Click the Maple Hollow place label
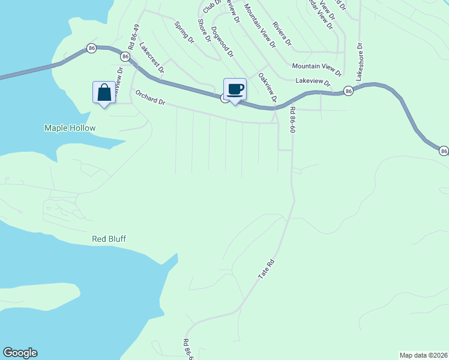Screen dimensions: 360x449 coord(70,128)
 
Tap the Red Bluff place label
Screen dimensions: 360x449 coord(109,239)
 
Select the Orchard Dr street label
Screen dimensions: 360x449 coord(150,98)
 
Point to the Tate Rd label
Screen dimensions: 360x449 coord(266,268)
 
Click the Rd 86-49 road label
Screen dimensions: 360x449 coord(133,37)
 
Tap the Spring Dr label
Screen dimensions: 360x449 coord(184,33)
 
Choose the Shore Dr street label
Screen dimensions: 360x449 coord(205,31)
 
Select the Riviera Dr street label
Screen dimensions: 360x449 coord(282,34)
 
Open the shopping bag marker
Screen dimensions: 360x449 coord(104,92)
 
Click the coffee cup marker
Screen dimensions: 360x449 coord(235,89)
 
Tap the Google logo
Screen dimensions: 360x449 coord(20,353)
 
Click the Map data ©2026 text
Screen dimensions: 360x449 coord(423,355)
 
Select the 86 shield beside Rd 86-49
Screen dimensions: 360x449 coord(125,56)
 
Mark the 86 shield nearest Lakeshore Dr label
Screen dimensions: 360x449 coord(348,91)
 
